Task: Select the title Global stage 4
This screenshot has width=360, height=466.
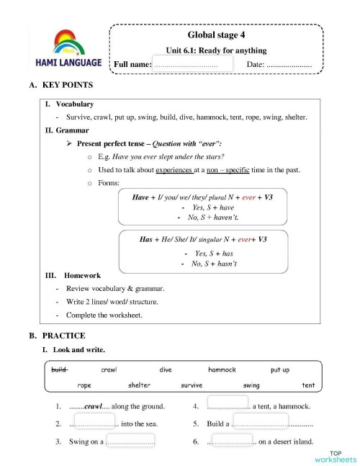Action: pyautogui.click(x=216, y=35)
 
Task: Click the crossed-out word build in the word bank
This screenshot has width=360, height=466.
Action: pyautogui.click(x=59, y=369)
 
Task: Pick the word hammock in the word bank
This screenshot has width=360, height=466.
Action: pyautogui.click(x=222, y=369)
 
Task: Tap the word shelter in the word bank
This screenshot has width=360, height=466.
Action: pyautogui.click(x=139, y=385)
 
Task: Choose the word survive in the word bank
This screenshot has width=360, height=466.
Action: pyautogui.click(x=192, y=385)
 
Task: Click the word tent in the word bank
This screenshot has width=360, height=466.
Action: pyautogui.click(x=308, y=385)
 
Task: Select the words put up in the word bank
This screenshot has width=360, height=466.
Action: pyautogui.click(x=280, y=369)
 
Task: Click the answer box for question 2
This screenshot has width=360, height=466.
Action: pyautogui.click(x=94, y=423)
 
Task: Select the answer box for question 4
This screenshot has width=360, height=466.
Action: pyautogui.click(x=228, y=405)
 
